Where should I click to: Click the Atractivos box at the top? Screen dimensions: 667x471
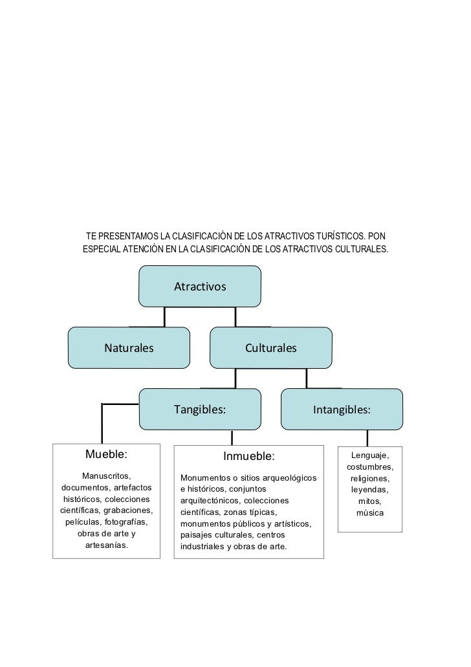tap(200, 285)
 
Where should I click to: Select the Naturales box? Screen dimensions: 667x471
tap(129, 348)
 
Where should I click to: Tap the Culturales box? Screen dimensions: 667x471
tap(270, 348)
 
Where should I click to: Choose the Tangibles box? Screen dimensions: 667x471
tap(200, 410)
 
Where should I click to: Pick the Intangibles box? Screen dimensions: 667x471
tap(342, 410)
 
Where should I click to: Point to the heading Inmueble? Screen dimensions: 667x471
tap(249, 457)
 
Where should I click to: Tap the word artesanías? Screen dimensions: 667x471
tap(106, 545)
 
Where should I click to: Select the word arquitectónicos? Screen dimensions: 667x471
tap(211, 501)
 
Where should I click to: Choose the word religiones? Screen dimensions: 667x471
tap(370, 479)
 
